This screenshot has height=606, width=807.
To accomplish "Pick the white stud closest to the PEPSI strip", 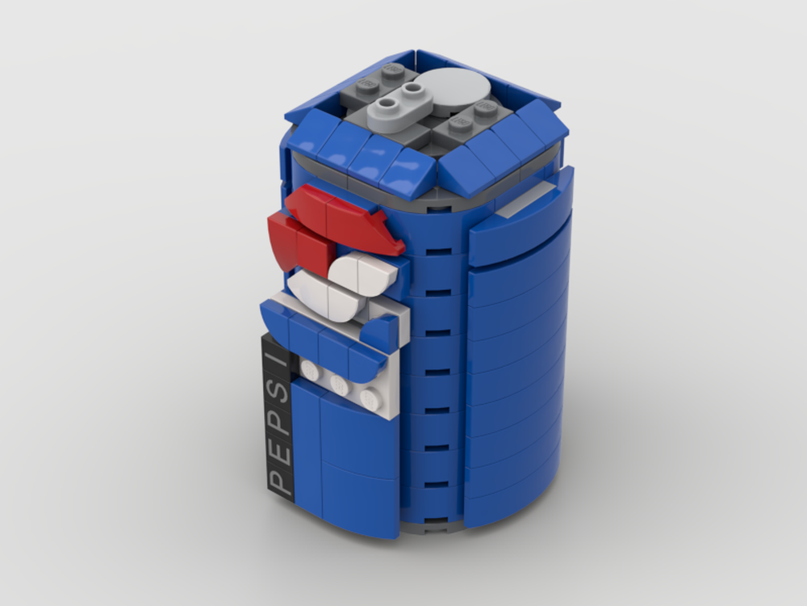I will click(309, 370).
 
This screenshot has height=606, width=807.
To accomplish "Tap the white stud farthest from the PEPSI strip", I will click(371, 398).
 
